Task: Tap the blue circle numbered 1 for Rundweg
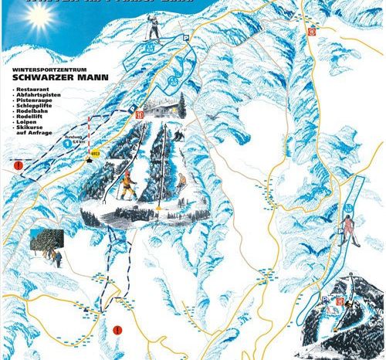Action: tap(67, 143)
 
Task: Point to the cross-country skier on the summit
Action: tap(154, 29)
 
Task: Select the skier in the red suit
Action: tap(350, 228)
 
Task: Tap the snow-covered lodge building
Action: tap(164, 110)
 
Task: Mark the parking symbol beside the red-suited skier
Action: tap(340, 232)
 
